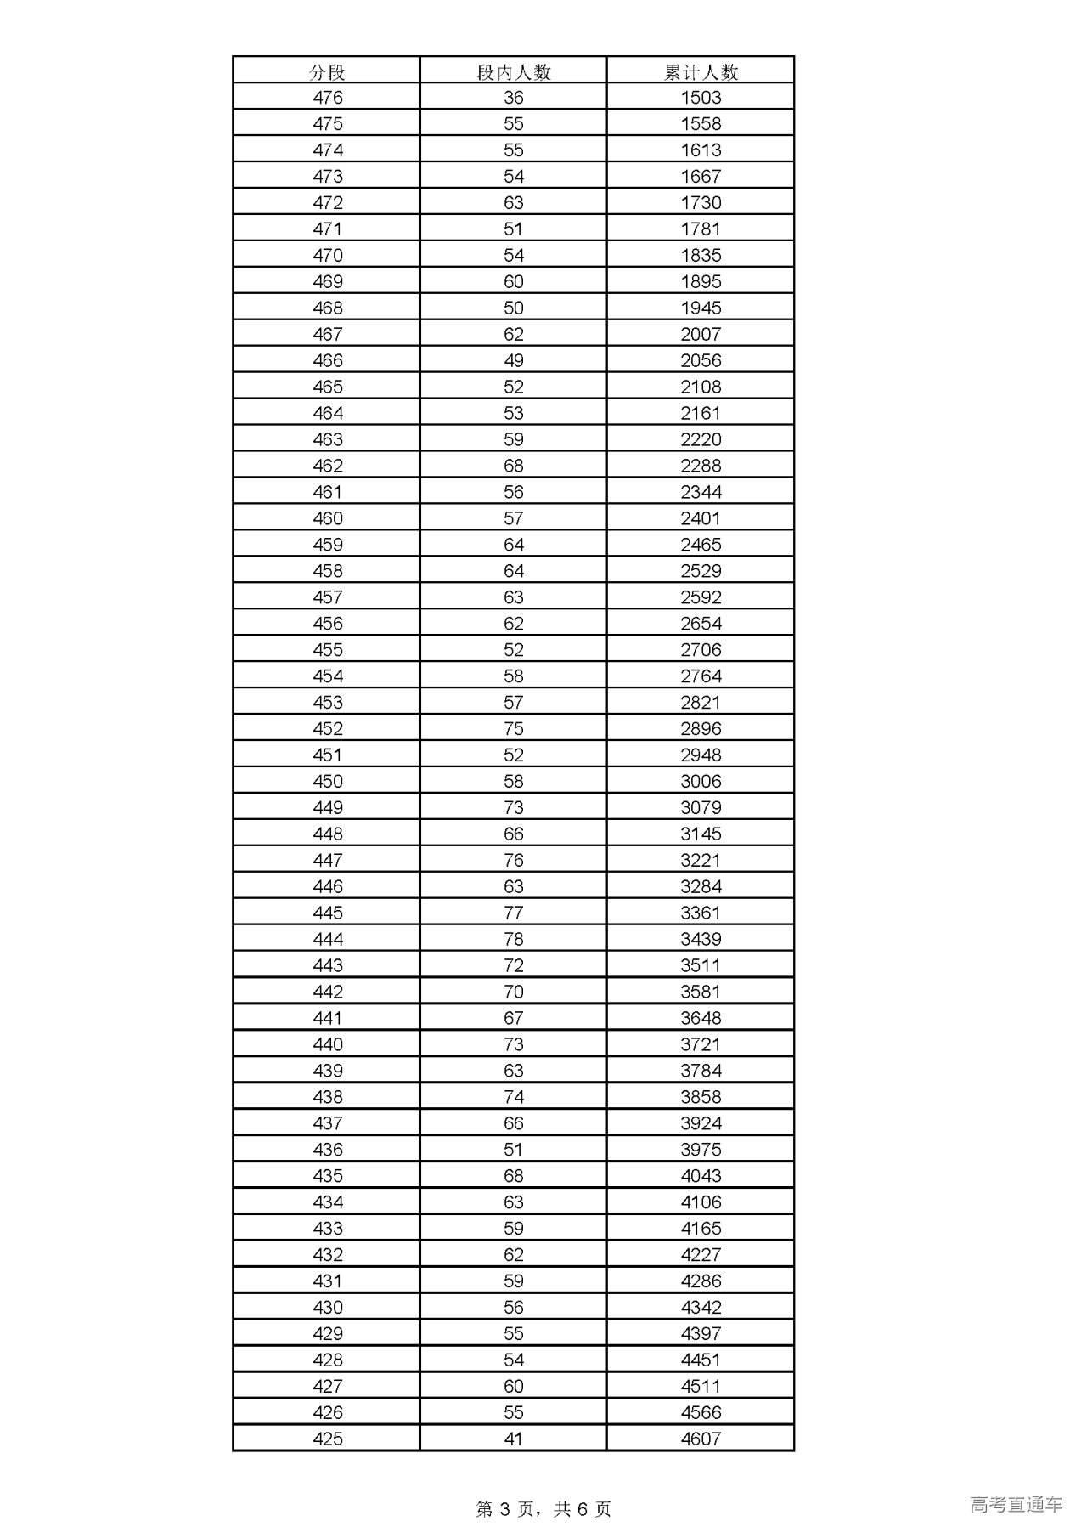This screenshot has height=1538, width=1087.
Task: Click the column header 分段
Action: (327, 72)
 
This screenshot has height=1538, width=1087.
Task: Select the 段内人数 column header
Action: (514, 72)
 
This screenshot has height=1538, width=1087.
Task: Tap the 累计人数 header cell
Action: (701, 72)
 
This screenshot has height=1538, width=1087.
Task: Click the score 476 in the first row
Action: (328, 98)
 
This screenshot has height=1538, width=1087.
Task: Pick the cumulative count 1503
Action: (701, 98)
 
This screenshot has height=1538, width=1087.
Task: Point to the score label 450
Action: (328, 782)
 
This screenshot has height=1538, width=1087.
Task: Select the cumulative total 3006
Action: (701, 782)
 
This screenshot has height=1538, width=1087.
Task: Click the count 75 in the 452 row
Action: (514, 729)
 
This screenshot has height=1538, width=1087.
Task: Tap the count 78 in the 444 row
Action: (514, 939)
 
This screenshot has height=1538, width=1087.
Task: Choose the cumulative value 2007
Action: (701, 335)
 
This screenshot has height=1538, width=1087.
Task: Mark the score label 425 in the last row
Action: (328, 1439)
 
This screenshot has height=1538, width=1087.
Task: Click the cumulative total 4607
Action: (701, 1439)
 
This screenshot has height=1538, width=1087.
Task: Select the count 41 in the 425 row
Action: (514, 1439)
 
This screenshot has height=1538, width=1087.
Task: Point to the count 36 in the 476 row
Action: (514, 98)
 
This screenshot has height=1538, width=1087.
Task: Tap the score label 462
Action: (328, 466)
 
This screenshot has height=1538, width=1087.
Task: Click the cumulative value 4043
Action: (701, 1176)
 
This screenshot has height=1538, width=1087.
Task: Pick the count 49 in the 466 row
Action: (514, 361)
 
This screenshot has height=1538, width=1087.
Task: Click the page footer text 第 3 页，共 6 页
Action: (543, 1508)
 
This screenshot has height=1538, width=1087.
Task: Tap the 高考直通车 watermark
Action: (1016, 1504)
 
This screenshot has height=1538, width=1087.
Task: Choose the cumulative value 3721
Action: (701, 1044)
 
